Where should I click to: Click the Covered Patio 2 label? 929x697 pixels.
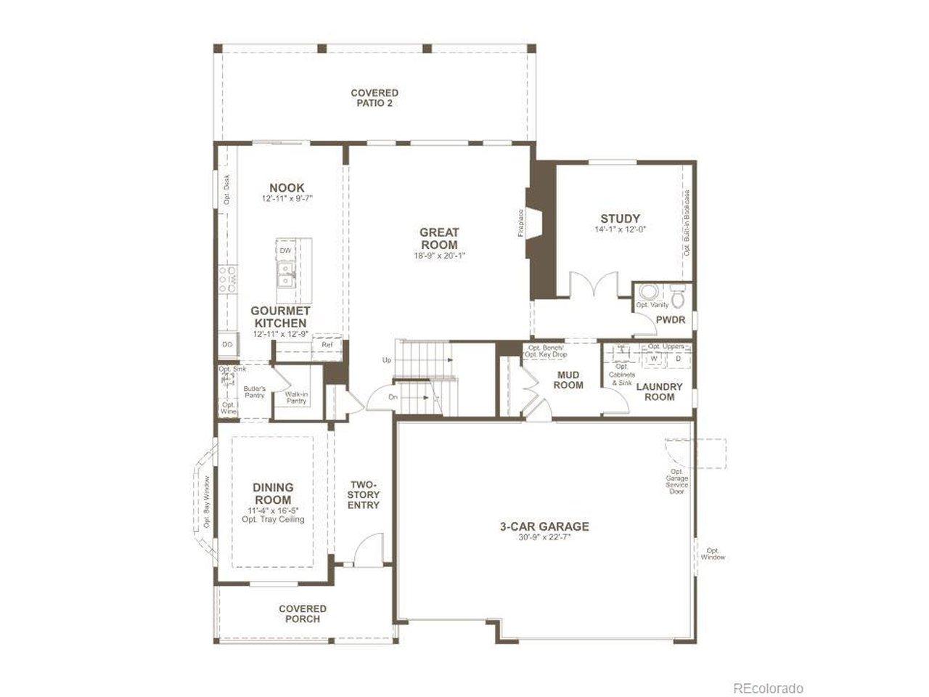374,98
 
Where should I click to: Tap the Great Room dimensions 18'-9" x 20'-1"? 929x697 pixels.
439,256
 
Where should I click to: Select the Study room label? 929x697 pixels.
620,219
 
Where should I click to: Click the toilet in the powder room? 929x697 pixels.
677,297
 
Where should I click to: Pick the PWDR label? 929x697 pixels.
671,319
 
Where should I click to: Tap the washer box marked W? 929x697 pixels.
654,359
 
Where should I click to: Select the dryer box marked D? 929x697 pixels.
679,359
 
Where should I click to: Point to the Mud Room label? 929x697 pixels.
568,380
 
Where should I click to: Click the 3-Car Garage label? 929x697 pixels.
544,526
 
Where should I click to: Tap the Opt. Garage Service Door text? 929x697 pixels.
676,481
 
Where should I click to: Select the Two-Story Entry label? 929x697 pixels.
364,494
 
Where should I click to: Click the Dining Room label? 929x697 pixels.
273,494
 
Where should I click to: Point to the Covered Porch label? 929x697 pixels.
303,614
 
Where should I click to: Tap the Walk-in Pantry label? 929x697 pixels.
296,397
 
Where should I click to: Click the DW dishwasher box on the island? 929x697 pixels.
285,250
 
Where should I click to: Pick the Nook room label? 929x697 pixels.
287,188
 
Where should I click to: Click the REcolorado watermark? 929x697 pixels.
768,688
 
